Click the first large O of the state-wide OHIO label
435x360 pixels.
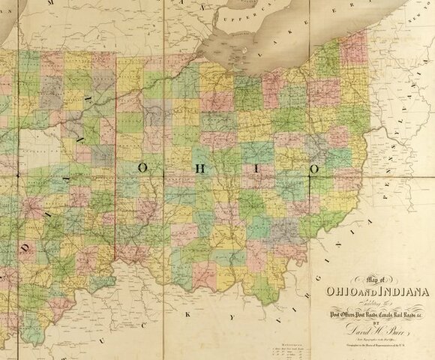[x=142, y=169]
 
